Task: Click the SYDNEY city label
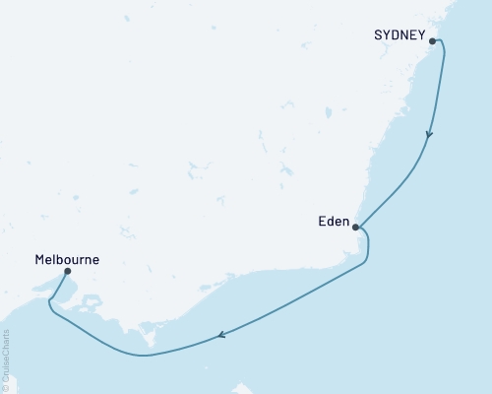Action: click(x=400, y=36)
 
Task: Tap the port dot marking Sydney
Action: click(x=432, y=41)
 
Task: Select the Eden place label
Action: click(x=333, y=223)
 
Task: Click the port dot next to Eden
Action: click(x=356, y=227)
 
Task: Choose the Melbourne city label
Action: click(x=67, y=260)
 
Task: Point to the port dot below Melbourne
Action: click(x=67, y=271)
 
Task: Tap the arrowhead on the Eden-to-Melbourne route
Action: click(x=221, y=335)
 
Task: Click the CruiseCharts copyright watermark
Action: click(x=6, y=361)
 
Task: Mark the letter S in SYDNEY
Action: click(x=379, y=36)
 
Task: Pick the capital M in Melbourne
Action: click(x=39, y=260)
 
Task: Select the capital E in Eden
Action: click(x=321, y=223)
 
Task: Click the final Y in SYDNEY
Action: click(x=421, y=36)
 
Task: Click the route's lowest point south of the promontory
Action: click(x=146, y=355)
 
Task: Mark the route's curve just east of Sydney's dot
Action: click(x=441, y=46)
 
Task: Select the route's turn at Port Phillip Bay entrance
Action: click(x=49, y=311)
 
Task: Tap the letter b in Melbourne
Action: click(x=66, y=260)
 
